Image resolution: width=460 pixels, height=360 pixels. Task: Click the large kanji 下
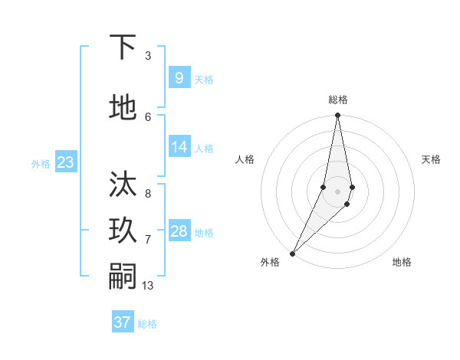tap(123, 47)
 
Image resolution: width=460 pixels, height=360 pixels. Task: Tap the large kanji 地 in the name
tap(123, 108)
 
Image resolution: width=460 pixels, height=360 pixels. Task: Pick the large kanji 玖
tap(123, 231)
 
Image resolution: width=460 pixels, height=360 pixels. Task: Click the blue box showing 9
tap(179, 78)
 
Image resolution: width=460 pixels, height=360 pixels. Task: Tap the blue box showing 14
tap(179, 147)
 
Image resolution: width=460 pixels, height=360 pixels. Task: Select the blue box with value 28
tap(179, 231)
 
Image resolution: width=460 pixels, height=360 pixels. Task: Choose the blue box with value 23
tap(65, 162)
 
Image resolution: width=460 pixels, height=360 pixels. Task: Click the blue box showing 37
tap(123, 322)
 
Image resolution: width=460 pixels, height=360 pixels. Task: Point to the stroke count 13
tap(148, 286)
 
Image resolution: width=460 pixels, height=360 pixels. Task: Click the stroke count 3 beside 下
tap(148, 56)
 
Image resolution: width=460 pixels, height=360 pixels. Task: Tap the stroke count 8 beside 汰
tap(148, 194)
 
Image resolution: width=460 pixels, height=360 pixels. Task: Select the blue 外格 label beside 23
tap(41, 163)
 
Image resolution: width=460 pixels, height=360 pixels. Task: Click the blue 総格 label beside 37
tap(147, 323)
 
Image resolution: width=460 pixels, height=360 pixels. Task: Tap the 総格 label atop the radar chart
tap(338, 100)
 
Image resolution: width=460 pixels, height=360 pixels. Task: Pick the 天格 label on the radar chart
tap(431, 159)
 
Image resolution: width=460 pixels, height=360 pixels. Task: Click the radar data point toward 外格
tap(292, 253)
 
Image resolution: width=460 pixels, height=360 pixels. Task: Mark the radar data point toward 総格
tap(337, 116)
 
